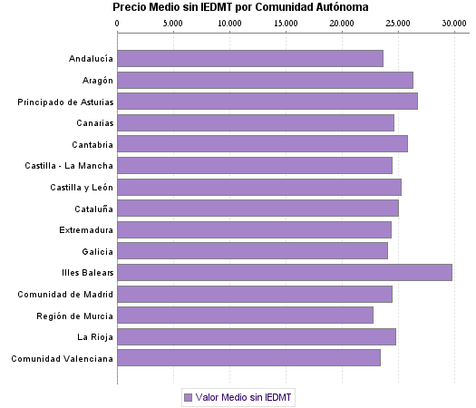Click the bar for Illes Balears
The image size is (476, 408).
point(285,272)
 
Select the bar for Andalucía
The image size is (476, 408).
point(250,59)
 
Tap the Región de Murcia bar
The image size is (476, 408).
point(245,315)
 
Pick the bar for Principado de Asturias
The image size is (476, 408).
point(267,102)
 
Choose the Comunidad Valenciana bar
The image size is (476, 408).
point(248,357)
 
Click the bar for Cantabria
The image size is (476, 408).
point(262,144)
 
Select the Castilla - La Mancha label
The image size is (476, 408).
point(69,166)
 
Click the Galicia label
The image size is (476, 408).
point(96,251)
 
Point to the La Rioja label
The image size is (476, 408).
point(95,336)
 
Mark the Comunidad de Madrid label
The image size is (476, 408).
point(65,294)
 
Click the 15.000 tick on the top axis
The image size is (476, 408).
point(286,23)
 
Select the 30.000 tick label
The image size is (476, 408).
point(453,23)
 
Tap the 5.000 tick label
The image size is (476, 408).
point(173,23)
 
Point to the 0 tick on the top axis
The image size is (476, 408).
point(117,23)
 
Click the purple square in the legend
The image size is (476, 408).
point(188,397)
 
